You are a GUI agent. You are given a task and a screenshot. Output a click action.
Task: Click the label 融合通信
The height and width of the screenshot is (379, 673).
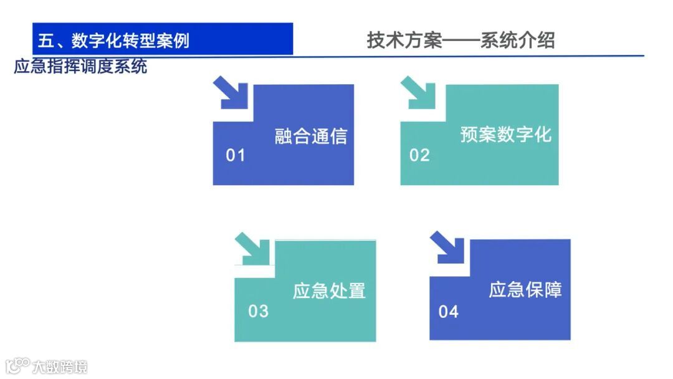click(310, 136)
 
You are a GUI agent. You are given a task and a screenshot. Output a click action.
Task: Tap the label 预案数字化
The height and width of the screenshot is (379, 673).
click(505, 135)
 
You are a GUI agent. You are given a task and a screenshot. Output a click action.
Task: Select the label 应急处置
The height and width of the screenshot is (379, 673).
click(329, 291)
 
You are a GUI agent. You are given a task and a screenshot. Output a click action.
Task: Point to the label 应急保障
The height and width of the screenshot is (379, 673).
click(525, 290)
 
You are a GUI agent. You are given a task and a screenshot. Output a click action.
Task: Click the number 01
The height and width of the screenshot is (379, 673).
click(236, 155)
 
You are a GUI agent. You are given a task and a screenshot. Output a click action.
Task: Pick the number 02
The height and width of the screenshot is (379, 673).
click(419, 155)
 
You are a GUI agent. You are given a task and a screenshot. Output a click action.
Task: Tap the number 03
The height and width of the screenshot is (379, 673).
click(258, 311)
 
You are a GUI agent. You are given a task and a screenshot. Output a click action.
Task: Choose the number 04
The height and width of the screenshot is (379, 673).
click(448, 311)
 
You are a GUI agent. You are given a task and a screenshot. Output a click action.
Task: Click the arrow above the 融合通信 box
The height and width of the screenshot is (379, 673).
click(230, 93)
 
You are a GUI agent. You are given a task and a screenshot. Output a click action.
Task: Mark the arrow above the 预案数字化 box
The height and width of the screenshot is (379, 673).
click(418, 93)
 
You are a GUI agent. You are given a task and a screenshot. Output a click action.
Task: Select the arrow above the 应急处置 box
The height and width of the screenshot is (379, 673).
click(252, 249)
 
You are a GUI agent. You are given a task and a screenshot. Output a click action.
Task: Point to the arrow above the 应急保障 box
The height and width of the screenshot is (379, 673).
click(447, 247)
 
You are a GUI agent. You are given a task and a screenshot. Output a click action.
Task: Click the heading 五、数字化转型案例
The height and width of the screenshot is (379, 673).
click(113, 41)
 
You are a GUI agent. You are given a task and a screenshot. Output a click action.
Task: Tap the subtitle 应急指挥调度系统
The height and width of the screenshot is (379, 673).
click(80, 67)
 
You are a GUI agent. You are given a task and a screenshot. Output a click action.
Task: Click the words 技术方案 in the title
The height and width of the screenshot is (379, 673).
click(404, 41)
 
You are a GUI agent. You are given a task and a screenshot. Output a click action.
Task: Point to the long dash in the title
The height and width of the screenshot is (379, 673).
click(461, 41)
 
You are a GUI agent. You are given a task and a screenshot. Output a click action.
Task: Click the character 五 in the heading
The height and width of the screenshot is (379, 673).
click(46, 41)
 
